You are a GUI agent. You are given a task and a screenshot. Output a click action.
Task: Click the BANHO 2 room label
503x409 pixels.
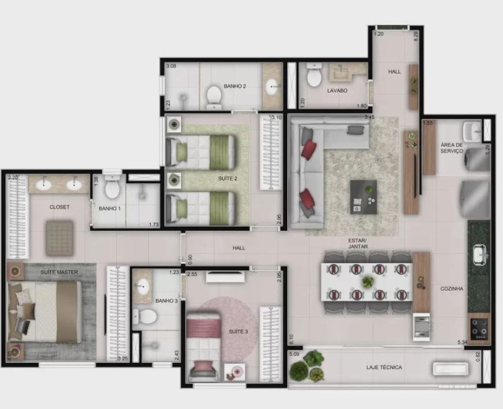pyautogui.click(x=235, y=86)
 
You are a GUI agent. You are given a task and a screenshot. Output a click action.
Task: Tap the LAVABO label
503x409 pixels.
pyautogui.click(x=337, y=90)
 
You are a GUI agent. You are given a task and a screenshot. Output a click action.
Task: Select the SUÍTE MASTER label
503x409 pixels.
pyautogui.click(x=59, y=272)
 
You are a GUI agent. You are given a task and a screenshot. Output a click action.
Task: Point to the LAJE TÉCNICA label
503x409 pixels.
pyautogui.click(x=384, y=367)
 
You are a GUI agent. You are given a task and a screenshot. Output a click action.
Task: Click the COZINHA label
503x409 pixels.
pyautogui.click(x=452, y=289)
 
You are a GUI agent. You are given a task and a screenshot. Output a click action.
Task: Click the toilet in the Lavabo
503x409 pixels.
pyautogui.click(x=314, y=75)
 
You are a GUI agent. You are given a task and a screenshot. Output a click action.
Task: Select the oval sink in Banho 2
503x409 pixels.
pyautogui.click(x=272, y=87)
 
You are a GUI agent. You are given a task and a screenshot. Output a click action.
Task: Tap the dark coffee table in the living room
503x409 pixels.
pyautogui.click(x=364, y=197)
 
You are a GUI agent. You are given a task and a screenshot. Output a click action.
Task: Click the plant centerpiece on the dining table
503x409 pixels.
pyautogui.click(x=368, y=282)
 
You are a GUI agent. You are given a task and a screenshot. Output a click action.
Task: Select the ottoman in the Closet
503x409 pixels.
pyautogui.click(x=60, y=238)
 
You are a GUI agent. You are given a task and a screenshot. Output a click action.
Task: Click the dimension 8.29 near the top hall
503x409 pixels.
pyautogui.click(x=416, y=36)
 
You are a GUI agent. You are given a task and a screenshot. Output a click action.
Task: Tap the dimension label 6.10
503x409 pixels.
pyautogui.click(x=291, y=340)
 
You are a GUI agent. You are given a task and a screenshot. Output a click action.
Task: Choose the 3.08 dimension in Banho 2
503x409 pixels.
pyautogui.click(x=171, y=66)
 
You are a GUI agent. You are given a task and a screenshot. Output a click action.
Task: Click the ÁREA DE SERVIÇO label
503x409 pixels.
pyautogui.click(x=452, y=148)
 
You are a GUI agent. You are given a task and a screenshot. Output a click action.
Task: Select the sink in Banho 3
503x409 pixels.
pyautogui.click(x=142, y=286)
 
